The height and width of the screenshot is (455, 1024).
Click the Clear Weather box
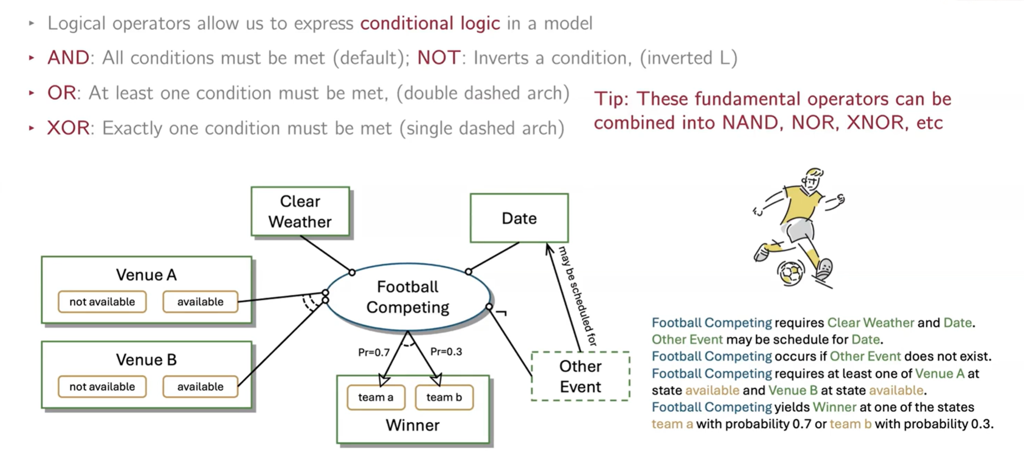click(300, 211)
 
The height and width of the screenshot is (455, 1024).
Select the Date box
click(519, 218)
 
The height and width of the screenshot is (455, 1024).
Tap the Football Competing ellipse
click(407, 297)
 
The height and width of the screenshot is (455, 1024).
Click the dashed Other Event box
click(580, 376)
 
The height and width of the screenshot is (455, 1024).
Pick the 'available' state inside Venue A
click(200, 302)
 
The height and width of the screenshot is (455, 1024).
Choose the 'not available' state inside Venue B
click(102, 387)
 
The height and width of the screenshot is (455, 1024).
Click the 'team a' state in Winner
click(375, 397)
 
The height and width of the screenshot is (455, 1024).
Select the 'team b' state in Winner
click(444, 397)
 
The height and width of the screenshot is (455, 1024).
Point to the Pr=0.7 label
click(374, 352)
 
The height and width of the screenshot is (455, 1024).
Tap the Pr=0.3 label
click(446, 352)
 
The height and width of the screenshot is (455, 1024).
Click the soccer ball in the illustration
click(791, 272)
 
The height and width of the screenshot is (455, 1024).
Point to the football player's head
click(812, 179)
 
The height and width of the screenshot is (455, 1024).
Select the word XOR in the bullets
click(68, 128)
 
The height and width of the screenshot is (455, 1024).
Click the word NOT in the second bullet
click(438, 58)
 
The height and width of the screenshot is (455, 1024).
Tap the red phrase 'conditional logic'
click(430, 23)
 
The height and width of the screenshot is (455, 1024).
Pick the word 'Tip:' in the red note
click(611, 99)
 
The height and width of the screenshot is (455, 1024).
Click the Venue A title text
click(146, 275)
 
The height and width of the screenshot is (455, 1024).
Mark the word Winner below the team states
click(412, 425)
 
